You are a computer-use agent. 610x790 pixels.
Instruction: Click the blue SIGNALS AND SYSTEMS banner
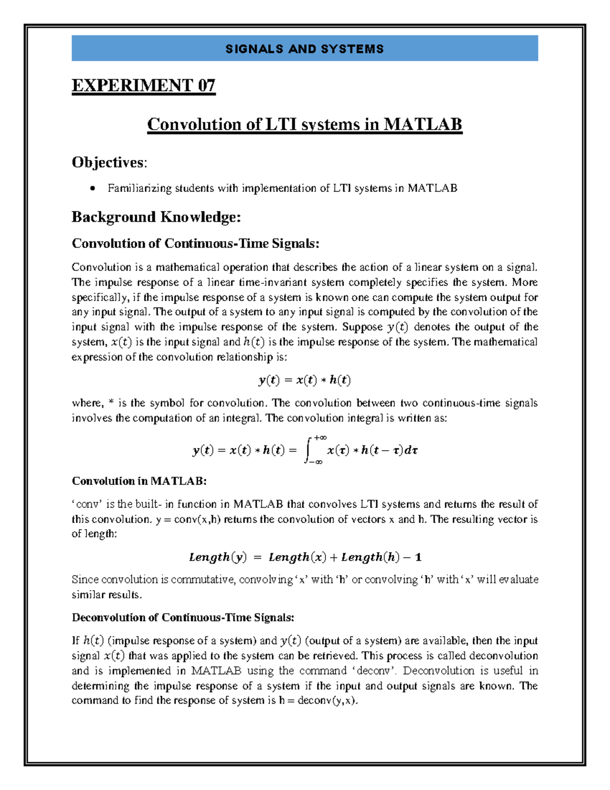pyautogui.click(x=304, y=48)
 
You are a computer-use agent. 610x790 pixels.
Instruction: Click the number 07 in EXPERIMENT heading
pyautogui.click(x=206, y=85)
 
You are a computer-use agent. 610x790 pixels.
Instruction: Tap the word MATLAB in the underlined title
pyautogui.click(x=422, y=124)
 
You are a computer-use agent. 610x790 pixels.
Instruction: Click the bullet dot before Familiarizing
pyautogui.click(x=91, y=189)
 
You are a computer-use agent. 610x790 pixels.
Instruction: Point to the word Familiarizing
pyautogui.click(x=139, y=188)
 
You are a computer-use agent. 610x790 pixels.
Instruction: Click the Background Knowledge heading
pyautogui.click(x=156, y=217)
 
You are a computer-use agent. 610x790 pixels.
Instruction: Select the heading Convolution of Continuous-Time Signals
pyautogui.click(x=195, y=243)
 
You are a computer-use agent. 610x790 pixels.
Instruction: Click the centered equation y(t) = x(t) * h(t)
pyautogui.click(x=304, y=379)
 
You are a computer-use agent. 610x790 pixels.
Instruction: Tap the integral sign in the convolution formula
pyautogui.click(x=308, y=450)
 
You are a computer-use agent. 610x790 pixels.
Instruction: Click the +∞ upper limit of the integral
pyautogui.click(x=320, y=437)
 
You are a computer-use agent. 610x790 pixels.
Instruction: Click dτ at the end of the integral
pyautogui.click(x=411, y=450)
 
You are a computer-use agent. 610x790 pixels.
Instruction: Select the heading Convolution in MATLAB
pyautogui.click(x=139, y=481)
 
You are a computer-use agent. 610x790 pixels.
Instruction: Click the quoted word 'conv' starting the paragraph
pyautogui.click(x=87, y=504)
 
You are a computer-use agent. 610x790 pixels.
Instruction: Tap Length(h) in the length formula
pyautogui.click(x=370, y=557)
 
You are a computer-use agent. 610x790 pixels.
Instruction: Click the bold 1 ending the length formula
pyautogui.click(x=418, y=557)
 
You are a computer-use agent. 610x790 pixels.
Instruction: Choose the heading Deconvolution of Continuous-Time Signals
pyautogui.click(x=182, y=617)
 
